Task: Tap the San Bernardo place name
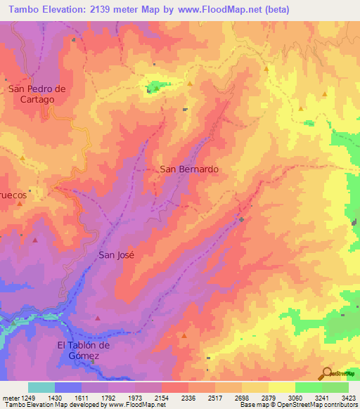189,169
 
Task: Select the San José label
116,255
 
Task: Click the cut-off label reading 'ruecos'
13,193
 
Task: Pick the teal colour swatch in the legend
41,387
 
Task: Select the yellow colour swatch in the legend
281,387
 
